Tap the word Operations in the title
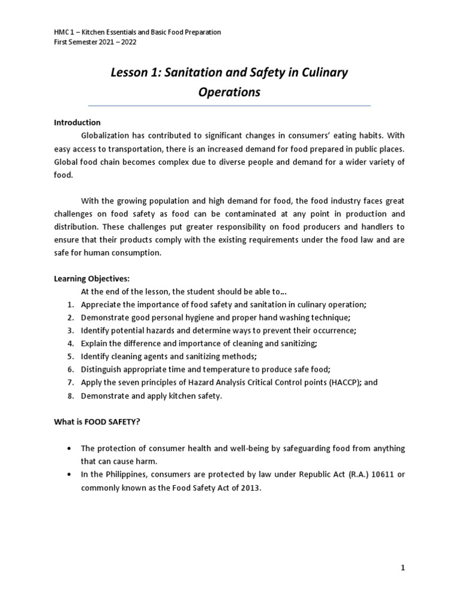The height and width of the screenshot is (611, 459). tap(229, 92)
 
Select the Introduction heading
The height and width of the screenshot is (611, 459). tap(77, 122)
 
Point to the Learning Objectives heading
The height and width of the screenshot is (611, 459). tap(91, 279)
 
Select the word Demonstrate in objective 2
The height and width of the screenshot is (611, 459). tap(105, 317)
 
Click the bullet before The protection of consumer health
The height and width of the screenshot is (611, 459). tap(70, 448)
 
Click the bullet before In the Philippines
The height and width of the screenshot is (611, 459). tap(70, 474)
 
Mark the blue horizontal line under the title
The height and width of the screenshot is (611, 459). tap(229, 106)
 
